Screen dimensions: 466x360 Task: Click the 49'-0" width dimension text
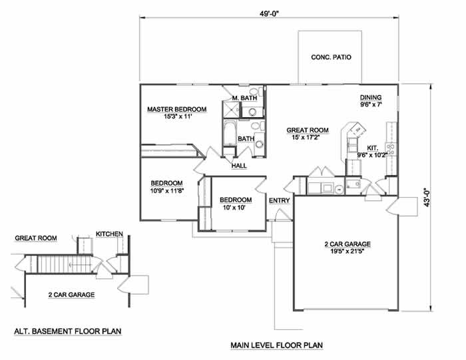coord(269,14)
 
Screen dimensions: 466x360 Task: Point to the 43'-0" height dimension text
coord(427,197)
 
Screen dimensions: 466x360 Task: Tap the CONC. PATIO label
coord(331,57)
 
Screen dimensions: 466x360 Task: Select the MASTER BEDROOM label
coord(177,109)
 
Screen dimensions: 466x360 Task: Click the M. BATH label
coord(244,98)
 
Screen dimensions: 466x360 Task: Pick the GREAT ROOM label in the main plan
coord(308,130)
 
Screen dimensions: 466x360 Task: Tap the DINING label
coord(371,97)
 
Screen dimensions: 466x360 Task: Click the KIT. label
coord(373,148)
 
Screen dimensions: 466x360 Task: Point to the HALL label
coord(239,166)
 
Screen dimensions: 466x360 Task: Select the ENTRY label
coord(280,201)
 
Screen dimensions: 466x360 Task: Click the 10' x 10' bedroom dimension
coord(234,208)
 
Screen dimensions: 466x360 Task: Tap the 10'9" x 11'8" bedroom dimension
coord(167,191)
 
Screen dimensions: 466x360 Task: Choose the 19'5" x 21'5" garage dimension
coord(348,252)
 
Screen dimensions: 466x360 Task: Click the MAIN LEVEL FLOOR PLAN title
coord(277,345)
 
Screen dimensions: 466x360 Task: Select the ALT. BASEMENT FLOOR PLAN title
coord(68,331)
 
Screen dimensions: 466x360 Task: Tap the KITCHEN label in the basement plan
coord(109,234)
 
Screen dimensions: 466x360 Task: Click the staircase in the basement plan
coord(64,264)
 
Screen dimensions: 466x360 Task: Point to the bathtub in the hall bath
coord(230,133)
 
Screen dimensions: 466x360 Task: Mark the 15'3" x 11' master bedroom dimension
coord(177,116)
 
